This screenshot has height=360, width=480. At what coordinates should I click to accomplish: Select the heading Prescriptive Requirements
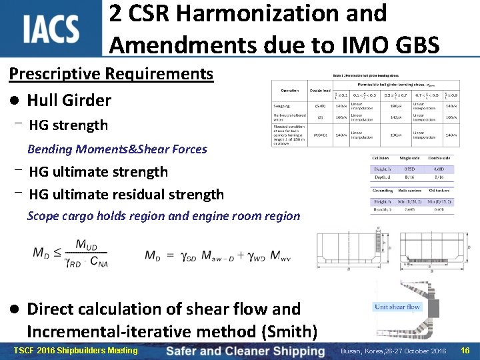(x=111, y=73)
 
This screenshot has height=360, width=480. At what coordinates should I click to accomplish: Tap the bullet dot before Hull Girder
(x=14, y=101)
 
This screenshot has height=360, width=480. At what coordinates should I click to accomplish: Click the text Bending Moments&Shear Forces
(x=117, y=149)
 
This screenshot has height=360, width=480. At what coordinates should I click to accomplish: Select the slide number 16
(x=465, y=351)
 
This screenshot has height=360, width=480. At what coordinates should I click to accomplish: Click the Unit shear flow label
(x=397, y=307)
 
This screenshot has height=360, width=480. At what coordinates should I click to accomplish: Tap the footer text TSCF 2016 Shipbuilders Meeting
(x=75, y=351)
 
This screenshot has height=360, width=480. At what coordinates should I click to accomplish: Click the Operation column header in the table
(x=289, y=90)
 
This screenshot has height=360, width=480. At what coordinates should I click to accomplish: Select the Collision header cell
(x=381, y=157)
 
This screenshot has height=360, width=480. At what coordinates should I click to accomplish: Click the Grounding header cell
(x=383, y=191)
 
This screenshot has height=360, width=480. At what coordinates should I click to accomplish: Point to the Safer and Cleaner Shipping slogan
(x=245, y=351)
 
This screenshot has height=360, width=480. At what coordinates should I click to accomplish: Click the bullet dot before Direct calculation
(x=14, y=309)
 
